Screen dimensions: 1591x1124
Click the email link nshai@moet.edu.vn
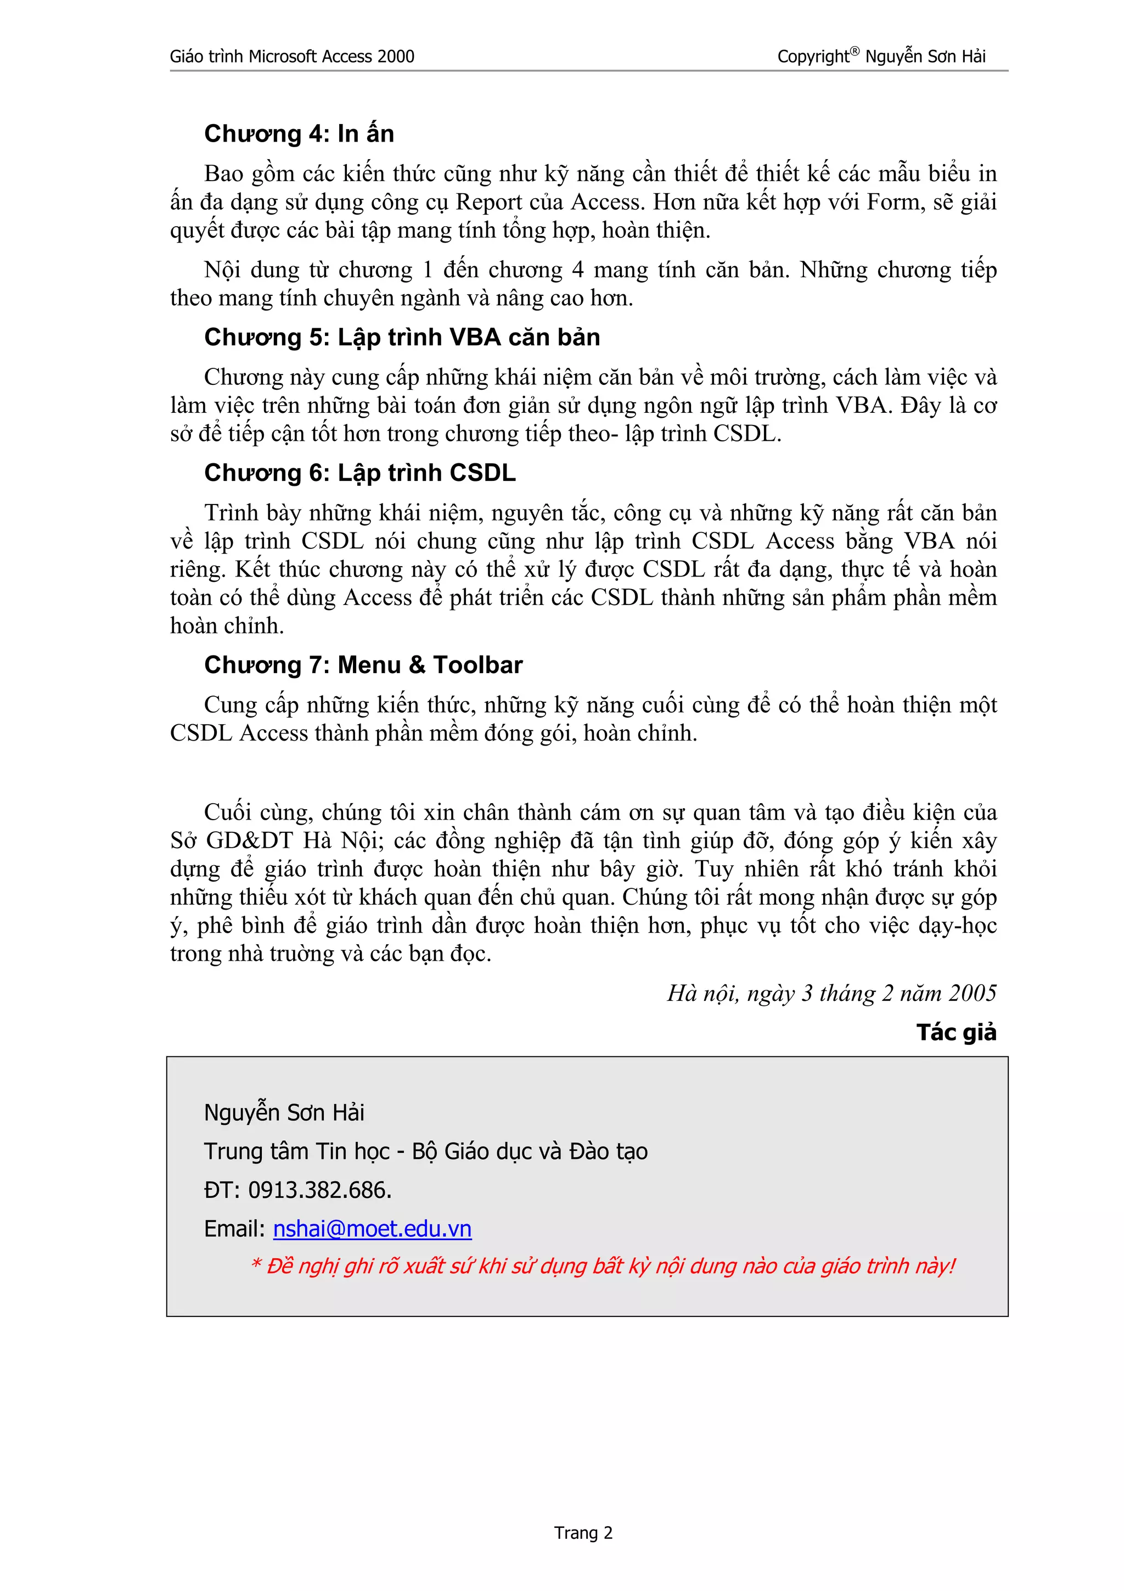pos(372,1229)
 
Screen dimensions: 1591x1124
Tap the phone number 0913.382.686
pos(319,1190)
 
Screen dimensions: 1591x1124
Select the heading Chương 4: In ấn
pos(299,134)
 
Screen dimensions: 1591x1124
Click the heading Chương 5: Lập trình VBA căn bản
pos(402,338)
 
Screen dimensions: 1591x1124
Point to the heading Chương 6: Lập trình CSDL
pos(359,473)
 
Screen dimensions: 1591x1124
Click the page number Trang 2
pos(583,1533)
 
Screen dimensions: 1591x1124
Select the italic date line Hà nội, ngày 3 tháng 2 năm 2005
pos(831,993)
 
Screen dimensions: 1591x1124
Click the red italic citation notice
pos(603,1266)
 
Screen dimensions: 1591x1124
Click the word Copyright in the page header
pos(812,57)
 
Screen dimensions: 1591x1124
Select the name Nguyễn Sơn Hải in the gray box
pos(284,1112)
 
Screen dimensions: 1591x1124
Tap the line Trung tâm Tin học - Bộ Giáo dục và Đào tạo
pos(425,1151)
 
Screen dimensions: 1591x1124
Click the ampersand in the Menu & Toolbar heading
pos(417,665)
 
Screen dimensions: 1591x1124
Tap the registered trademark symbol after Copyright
pos(855,51)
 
